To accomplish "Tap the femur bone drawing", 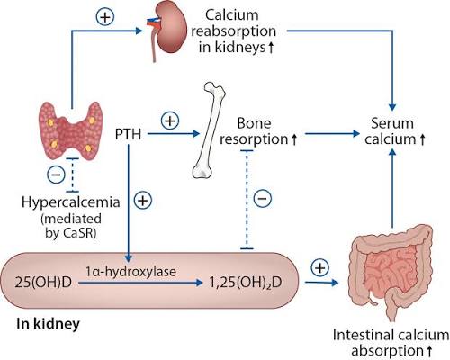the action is tap(210, 130).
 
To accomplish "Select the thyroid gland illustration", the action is tap(69, 130).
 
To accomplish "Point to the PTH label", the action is tap(129, 134).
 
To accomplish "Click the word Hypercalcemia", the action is tap(71, 202).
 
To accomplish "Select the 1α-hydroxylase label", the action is tap(130, 271).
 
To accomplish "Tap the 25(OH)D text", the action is tap(43, 283).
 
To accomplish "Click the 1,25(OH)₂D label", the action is tap(246, 283).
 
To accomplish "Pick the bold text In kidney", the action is tap(49, 324).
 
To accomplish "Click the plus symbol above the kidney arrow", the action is tap(105, 17).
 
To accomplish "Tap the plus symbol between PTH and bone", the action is tap(170, 121).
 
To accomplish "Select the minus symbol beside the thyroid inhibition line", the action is tap(56, 175).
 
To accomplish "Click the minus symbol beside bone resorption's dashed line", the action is tap(263, 198).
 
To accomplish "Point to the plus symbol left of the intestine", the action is tap(320, 267).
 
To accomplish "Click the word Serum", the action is tap(392, 123).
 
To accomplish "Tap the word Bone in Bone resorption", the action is tap(254, 123).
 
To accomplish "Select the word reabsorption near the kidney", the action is tap(234, 31).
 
